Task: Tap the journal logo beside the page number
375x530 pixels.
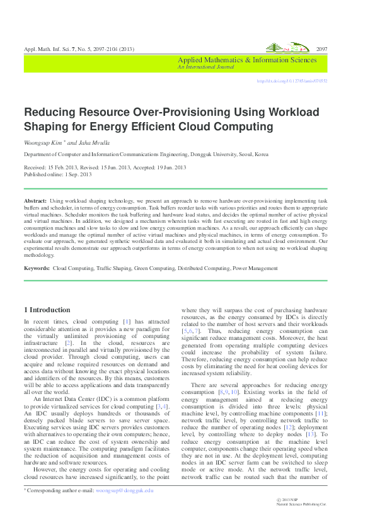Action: [287, 48]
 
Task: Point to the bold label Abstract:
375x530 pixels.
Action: [35, 199]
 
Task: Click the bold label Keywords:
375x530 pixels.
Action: [37, 269]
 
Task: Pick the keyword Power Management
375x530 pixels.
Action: [255, 269]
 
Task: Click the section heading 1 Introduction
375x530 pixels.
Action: [47, 310]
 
